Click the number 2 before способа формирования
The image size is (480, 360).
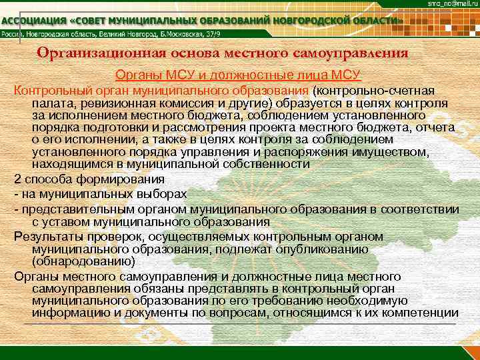tap(17, 180)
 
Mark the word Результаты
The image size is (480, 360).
tap(46, 236)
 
